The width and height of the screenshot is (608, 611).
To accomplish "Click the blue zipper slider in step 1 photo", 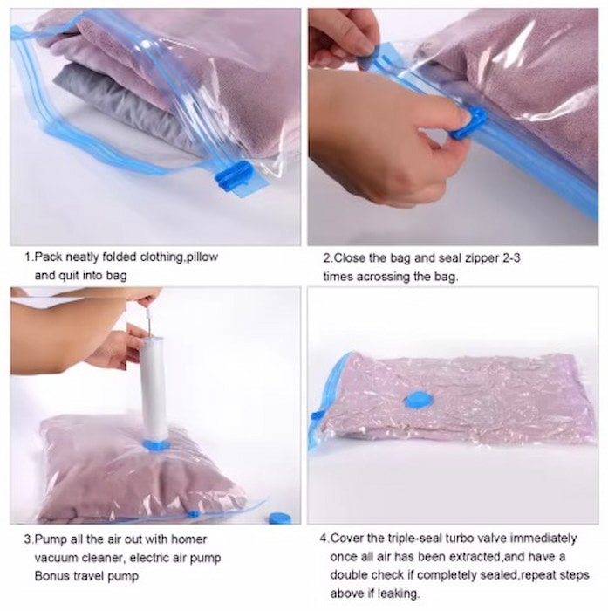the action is (235, 176).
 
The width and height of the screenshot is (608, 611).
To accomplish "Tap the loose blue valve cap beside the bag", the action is (280, 518).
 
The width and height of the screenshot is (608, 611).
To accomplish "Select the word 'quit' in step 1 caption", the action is (69, 276).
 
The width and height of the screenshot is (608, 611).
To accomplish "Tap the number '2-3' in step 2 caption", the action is (510, 258).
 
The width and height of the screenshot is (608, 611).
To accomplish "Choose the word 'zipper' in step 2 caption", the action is (481, 258).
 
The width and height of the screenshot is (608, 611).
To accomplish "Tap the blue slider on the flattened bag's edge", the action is (317, 415).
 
